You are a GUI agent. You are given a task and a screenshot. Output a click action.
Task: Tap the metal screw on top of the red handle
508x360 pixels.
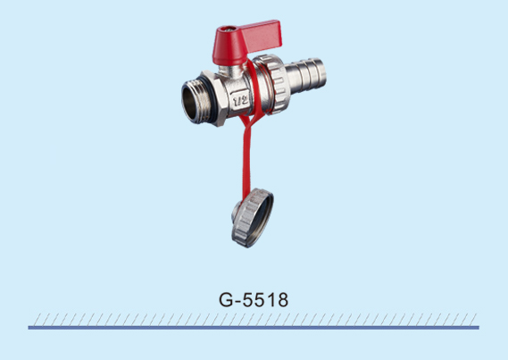[x=230, y=29]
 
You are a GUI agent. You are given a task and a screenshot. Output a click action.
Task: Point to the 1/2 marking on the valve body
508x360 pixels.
[x=240, y=100]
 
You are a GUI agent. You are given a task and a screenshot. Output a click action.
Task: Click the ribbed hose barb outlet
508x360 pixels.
[x=305, y=76]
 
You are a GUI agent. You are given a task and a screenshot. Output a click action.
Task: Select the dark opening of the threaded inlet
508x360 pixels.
[x=189, y=102]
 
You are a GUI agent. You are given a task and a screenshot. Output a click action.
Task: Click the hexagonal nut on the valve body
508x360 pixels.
[x=215, y=98]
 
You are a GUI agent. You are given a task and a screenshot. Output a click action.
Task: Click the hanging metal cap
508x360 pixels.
[x=253, y=218]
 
